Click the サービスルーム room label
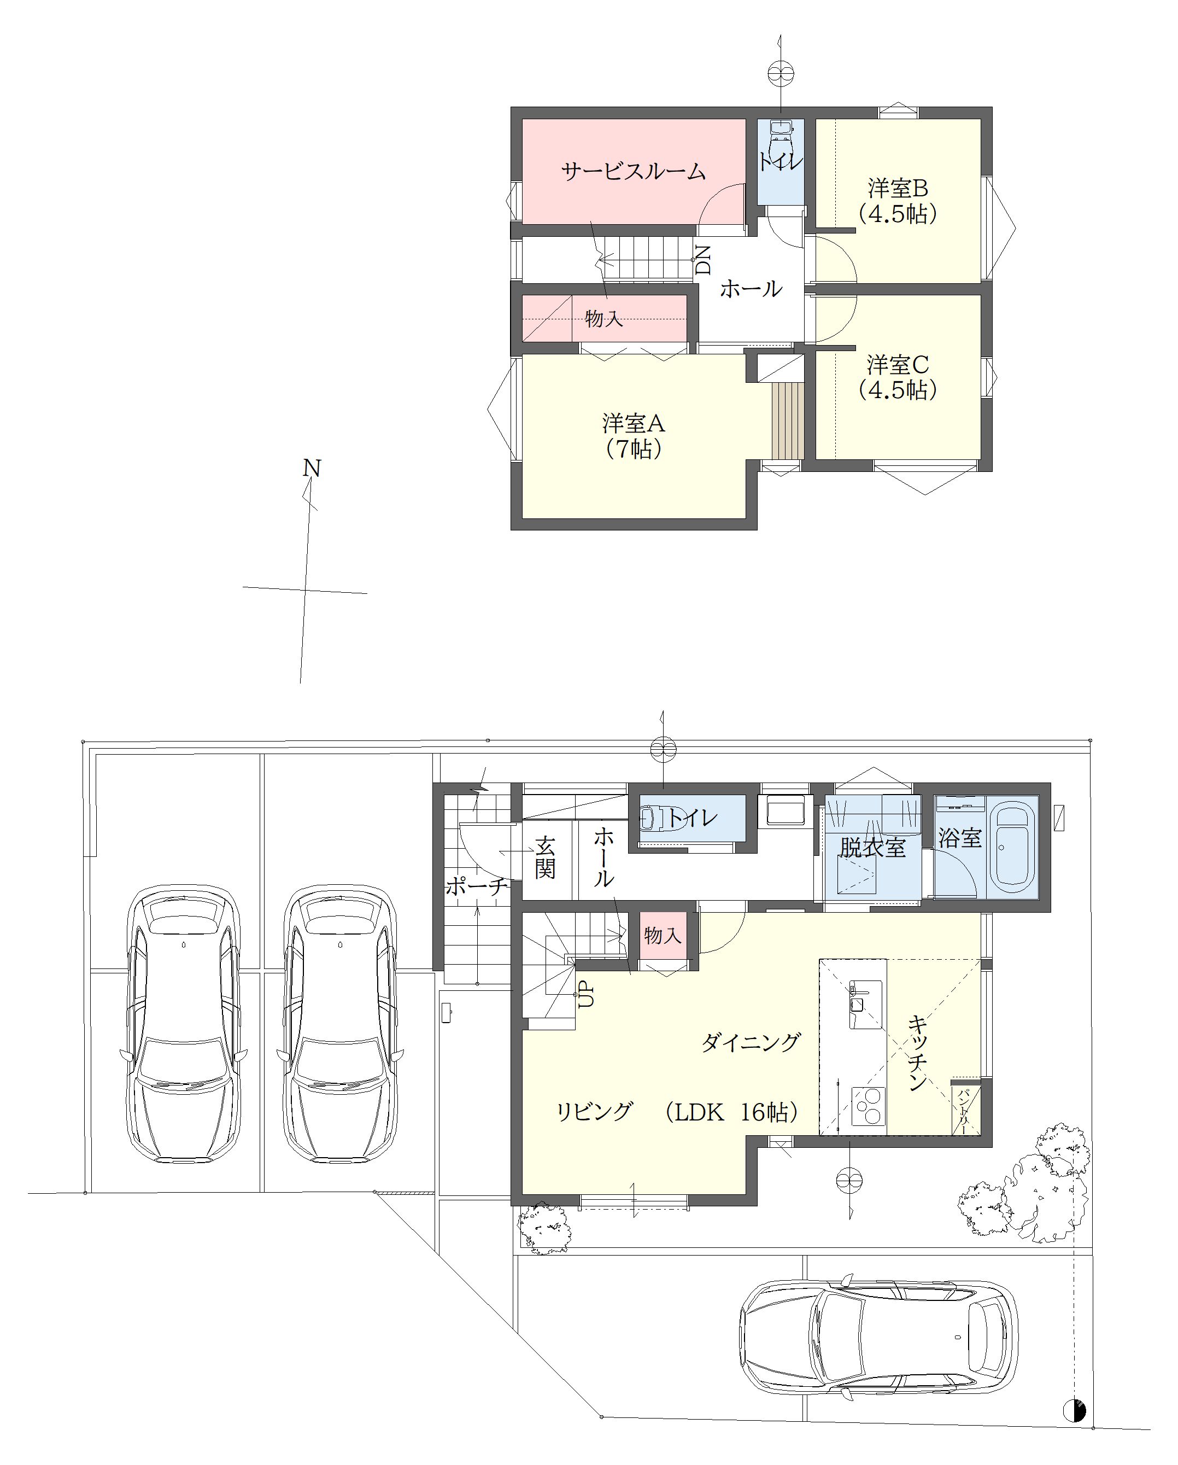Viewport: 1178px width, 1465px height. tap(633, 171)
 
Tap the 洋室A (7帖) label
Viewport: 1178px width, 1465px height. tap(633, 435)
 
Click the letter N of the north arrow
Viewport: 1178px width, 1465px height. tap(311, 468)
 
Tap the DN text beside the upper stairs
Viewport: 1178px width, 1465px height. tap(703, 260)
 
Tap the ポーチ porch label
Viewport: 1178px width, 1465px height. tap(476, 886)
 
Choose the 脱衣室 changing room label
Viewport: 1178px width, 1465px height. tap(872, 847)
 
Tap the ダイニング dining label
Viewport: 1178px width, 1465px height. tap(751, 1042)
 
